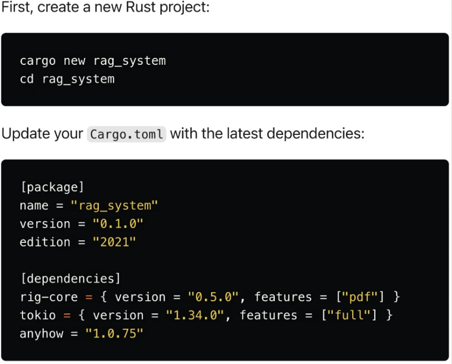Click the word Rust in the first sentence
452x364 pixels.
(140, 7)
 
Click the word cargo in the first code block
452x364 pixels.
(37, 61)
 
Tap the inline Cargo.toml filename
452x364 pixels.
(127, 134)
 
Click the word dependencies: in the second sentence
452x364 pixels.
(315, 134)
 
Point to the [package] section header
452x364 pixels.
(52, 188)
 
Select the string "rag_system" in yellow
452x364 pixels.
(114, 206)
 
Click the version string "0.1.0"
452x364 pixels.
(118, 224)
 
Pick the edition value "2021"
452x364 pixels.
(114, 242)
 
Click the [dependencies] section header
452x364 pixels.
(70, 279)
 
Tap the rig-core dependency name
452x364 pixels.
(49, 297)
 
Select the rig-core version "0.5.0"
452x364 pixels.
(213, 297)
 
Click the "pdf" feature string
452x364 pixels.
(359, 297)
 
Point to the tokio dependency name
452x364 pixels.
(38, 315)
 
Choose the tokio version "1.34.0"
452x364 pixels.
(195, 315)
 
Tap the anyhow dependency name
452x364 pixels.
(42, 333)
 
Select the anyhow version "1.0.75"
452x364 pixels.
(114, 333)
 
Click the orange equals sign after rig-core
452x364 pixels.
(89, 297)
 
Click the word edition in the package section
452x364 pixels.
(45, 242)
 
